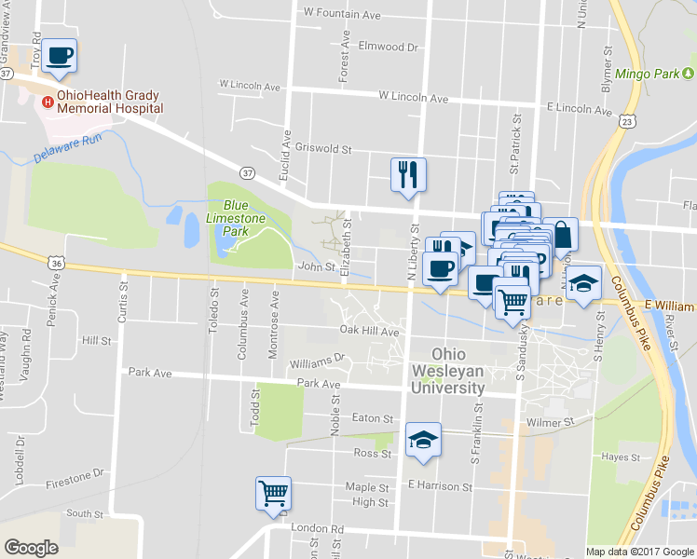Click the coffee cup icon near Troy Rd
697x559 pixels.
pyautogui.click(x=59, y=55)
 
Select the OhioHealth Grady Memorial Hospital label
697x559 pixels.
pyautogui.click(x=109, y=102)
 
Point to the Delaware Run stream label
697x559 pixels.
pyautogui.click(x=66, y=149)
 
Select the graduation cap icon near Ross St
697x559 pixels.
pyautogui.click(x=423, y=440)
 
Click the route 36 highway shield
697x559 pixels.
pyautogui.click(x=57, y=264)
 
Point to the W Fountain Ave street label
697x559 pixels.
pyautogui.click(x=342, y=15)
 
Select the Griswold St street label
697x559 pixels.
pyautogui.click(x=323, y=148)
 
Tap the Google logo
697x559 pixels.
pyautogui.click(x=32, y=547)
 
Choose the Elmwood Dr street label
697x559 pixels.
pyautogui.click(x=389, y=46)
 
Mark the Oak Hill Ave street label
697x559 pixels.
pyautogui.click(x=369, y=331)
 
